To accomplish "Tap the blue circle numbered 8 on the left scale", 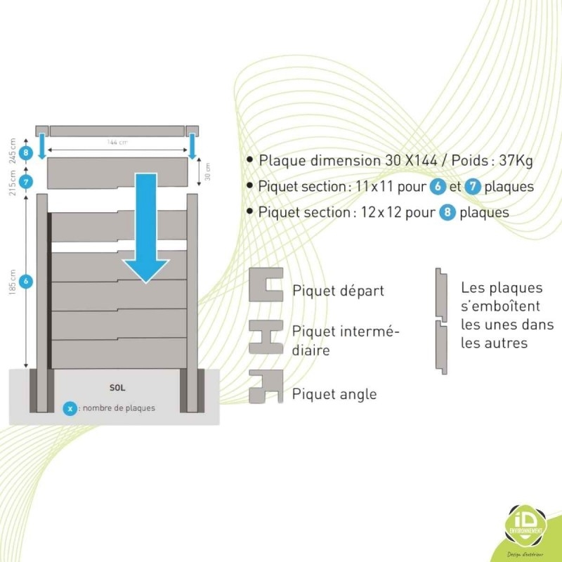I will tap(27, 152).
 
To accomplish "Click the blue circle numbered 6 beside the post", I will tap(27, 282).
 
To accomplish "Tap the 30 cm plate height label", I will tap(207, 170).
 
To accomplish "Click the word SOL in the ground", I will tap(117, 387).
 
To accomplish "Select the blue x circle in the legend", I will tap(70, 407).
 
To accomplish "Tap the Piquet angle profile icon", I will tap(266, 386).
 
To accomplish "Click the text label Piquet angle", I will tap(334, 394).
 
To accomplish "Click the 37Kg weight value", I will tap(516, 160).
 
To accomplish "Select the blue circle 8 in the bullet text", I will tap(447, 211).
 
